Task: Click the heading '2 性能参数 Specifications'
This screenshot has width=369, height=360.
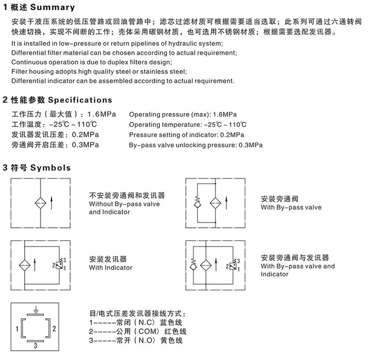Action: (57, 100)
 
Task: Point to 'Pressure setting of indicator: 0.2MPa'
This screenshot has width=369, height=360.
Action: (186, 135)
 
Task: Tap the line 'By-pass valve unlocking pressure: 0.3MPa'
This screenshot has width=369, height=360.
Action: (196, 145)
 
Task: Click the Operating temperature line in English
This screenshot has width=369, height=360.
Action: (188, 125)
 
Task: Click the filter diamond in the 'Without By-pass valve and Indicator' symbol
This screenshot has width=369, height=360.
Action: (41, 204)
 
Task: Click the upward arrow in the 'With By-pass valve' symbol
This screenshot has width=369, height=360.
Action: (225, 204)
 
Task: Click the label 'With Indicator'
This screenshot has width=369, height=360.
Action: (110, 268)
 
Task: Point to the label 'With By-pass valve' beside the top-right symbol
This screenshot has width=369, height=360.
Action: (291, 207)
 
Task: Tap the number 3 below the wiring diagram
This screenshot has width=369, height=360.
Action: (35, 347)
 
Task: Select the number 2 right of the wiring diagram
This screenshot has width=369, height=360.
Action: (53, 328)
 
